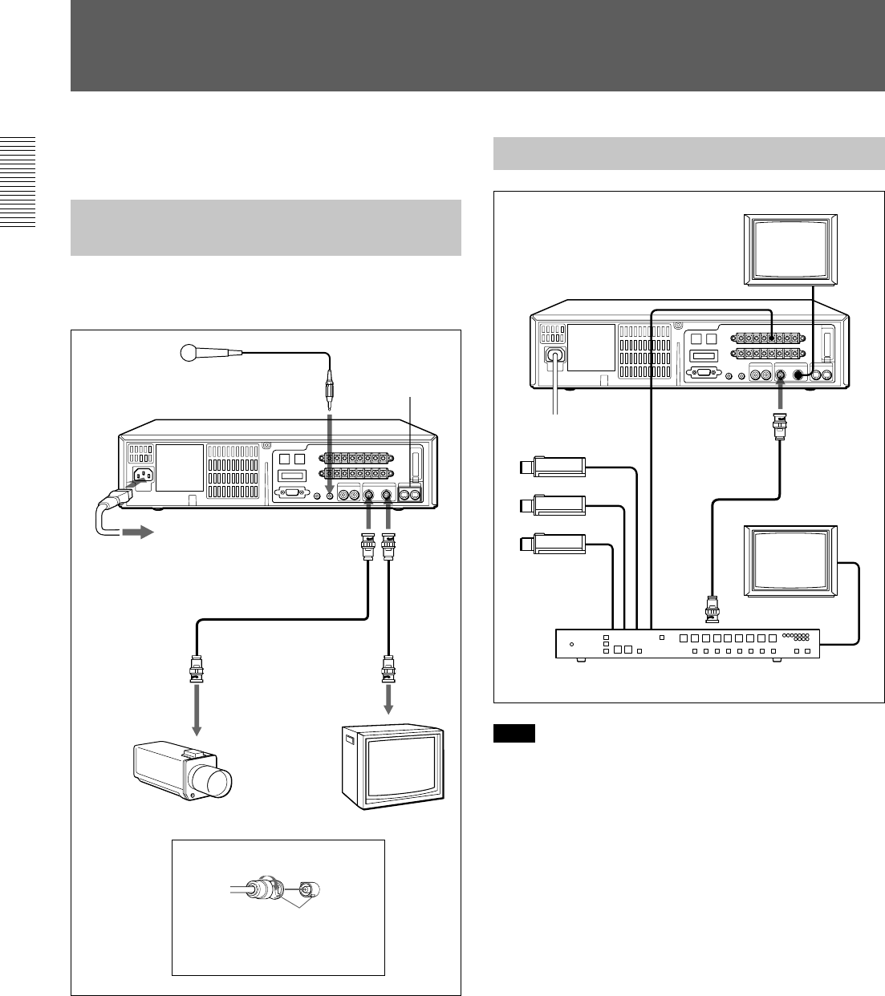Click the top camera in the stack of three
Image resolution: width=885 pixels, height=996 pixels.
[554, 468]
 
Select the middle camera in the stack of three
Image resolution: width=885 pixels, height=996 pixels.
[554, 506]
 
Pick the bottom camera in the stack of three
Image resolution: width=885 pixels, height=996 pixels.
[554, 544]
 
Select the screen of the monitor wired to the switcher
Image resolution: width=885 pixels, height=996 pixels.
[790, 558]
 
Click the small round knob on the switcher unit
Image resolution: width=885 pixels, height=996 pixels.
[570, 644]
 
